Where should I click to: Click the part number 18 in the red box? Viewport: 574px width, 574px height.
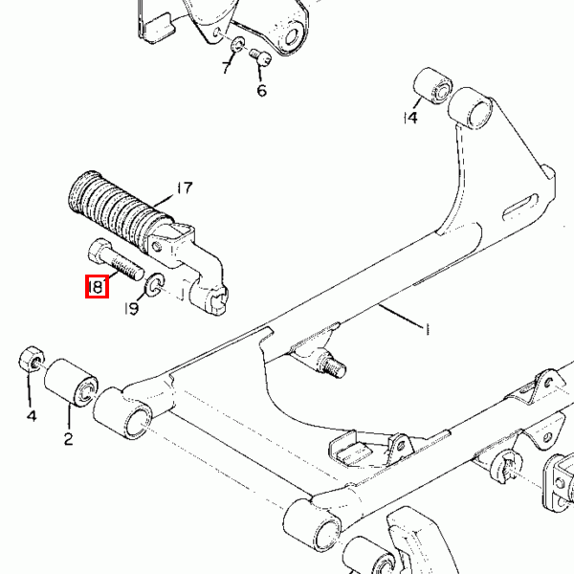pos(97,286)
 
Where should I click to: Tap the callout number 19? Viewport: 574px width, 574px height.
pos(132,309)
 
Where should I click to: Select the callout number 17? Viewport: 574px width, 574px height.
pos(185,188)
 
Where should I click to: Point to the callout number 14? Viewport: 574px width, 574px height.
pos(410,118)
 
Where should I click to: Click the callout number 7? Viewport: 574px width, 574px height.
pos(227,67)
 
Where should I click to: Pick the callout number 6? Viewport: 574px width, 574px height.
pos(262,91)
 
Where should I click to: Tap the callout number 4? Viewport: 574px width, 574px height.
pos(32,416)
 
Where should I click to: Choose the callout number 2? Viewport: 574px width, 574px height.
pos(69,438)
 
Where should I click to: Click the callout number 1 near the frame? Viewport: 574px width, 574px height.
pos(427,329)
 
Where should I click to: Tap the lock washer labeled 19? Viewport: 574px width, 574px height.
pos(155,284)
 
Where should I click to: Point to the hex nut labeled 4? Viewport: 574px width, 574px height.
pos(32,359)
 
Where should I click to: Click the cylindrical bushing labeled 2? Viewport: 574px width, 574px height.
pos(71,383)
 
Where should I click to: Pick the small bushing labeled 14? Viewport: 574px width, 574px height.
pos(432,86)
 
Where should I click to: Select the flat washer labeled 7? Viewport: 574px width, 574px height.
pos(238,44)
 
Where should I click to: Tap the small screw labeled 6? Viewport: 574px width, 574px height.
pos(260,57)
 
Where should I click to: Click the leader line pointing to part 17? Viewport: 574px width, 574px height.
pos(164,201)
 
